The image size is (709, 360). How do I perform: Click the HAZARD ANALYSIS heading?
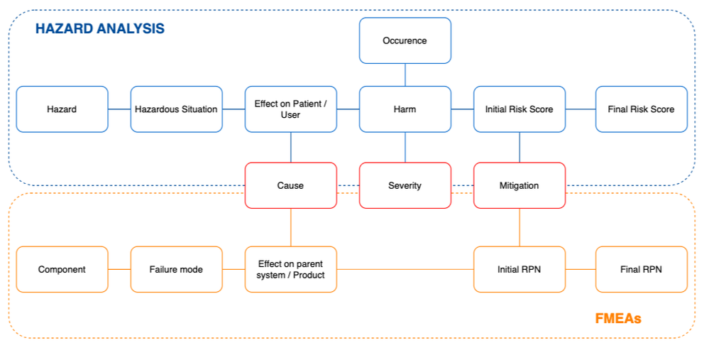[x=100, y=29]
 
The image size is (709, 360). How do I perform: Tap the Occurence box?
[x=405, y=40]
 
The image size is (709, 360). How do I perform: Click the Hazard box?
[x=62, y=109]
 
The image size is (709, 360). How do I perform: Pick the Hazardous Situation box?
[x=176, y=109]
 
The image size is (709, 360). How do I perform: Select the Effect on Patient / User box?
[x=290, y=109]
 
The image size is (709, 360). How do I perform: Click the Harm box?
[x=405, y=109]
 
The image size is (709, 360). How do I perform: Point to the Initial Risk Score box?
[x=519, y=109]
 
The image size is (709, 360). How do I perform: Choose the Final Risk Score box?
[x=641, y=109]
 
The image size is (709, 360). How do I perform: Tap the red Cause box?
[x=290, y=185]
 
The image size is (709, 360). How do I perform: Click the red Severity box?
[x=405, y=185]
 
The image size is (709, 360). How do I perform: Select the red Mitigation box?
[x=519, y=185]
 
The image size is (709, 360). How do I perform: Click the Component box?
[x=62, y=269]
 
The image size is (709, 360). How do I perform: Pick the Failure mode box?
[x=176, y=269]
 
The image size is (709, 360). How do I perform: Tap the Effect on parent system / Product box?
[x=290, y=269]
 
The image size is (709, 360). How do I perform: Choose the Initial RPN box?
[x=519, y=269]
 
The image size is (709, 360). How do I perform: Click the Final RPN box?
[x=641, y=269]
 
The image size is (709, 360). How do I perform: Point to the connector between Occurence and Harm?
[x=405, y=75]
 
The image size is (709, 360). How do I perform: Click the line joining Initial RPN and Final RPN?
[x=581, y=269]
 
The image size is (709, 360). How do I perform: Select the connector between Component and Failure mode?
[x=119, y=269]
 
